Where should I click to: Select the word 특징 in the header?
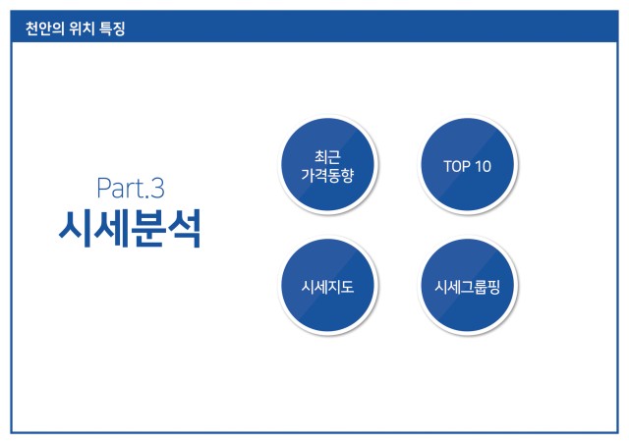click(x=112, y=28)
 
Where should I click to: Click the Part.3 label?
click(x=131, y=188)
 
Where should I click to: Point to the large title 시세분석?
click(x=130, y=229)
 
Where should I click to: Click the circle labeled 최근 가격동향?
click(x=327, y=164)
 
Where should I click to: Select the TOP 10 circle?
click(x=468, y=164)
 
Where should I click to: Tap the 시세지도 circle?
click(x=327, y=285)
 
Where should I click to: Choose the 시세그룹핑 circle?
click(x=468, y=285)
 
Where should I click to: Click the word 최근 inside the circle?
click(x=327, y=156)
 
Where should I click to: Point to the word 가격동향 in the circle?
click(x=327, y=175)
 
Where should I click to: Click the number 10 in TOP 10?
click(x=483, y=166)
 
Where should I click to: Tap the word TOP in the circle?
click(x=456, y=166)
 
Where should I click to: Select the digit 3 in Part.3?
click(x=157, y=189)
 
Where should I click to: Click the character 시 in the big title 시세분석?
click(x=76, y=229)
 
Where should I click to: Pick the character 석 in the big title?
click(x=185, y=229)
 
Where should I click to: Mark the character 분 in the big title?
click(x=147, y=229)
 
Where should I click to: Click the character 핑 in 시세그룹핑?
click(x=493, y=287)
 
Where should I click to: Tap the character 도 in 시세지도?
click(x=347, y=287)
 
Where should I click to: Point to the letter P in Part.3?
click(x=103, y=188)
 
